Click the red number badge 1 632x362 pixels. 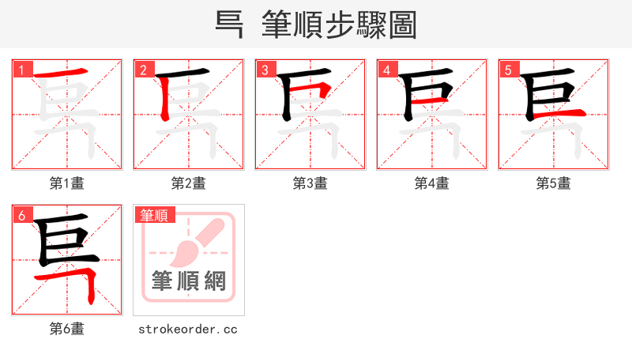pyautogui.click(x=21, y=70)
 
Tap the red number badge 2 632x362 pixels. pyautogui.click(x=143, y=70)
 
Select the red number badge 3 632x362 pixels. pyautogui.click(x=265, y=70)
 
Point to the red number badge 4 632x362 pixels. pyautogui.click(x=386, y=70)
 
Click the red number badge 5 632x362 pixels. pyautogui.click(x=508, y=70)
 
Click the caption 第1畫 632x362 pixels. pyautogui.click(x=67, y=183)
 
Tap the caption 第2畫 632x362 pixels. pyautogui.click(x=189, y=183)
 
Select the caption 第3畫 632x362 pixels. pyautogui.click(x=310, y=183)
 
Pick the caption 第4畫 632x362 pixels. pyautogui.click(x=432, y=183)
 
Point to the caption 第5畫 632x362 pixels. pyautogui.click(x=554, y=183)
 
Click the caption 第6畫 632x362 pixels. pyautogui.click(x=67, y=329)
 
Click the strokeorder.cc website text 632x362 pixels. pyautogui.click(x=188, y=329)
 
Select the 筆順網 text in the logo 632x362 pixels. pyautogui.click(x=189, y=281)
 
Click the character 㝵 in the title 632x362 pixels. pyautogui.click(x=229, y=25)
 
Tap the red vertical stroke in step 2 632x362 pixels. pyautogui.click(x=164, y=99)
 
